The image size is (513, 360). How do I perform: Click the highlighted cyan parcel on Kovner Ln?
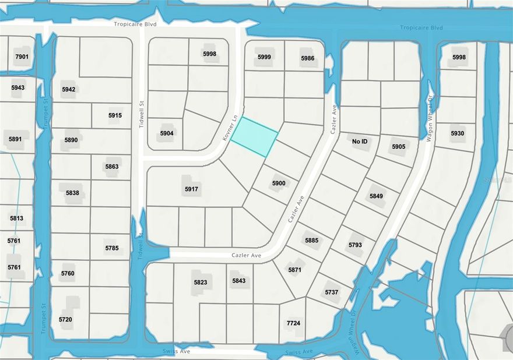point(254,136)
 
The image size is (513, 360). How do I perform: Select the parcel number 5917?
point(192,189)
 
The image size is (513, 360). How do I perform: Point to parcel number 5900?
point(279,183)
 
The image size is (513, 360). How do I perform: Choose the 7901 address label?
point(22,57)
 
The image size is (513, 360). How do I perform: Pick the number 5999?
point(264,57)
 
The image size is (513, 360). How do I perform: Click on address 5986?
point(308,58)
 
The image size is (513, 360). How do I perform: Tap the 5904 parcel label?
point(167,133)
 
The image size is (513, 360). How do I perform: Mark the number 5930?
point(458,133)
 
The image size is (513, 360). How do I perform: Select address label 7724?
point(293,323)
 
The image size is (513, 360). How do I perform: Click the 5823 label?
point(201,283)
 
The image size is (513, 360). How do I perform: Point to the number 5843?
point(239,281)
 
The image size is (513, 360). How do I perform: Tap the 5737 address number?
point(331,292)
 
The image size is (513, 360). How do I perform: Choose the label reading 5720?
point(65,319)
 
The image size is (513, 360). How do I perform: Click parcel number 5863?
point(111,167)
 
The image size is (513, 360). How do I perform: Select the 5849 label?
point(376,196)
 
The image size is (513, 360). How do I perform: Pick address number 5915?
point(115,115)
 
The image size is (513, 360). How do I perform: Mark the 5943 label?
point(18,87)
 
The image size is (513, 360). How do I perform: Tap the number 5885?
point(311,241)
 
